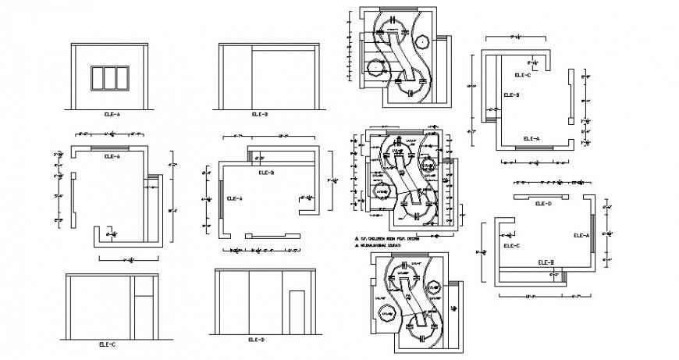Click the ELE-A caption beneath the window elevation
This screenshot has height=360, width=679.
tap(112, 114)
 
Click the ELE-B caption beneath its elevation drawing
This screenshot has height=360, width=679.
tap(260, 114)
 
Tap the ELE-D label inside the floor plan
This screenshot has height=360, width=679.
tap(543, 203)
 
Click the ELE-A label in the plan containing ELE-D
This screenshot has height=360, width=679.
tap(581, 235)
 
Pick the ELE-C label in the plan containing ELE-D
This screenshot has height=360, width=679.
tap(511, 246)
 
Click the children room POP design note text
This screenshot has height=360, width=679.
tap(389, 236)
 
